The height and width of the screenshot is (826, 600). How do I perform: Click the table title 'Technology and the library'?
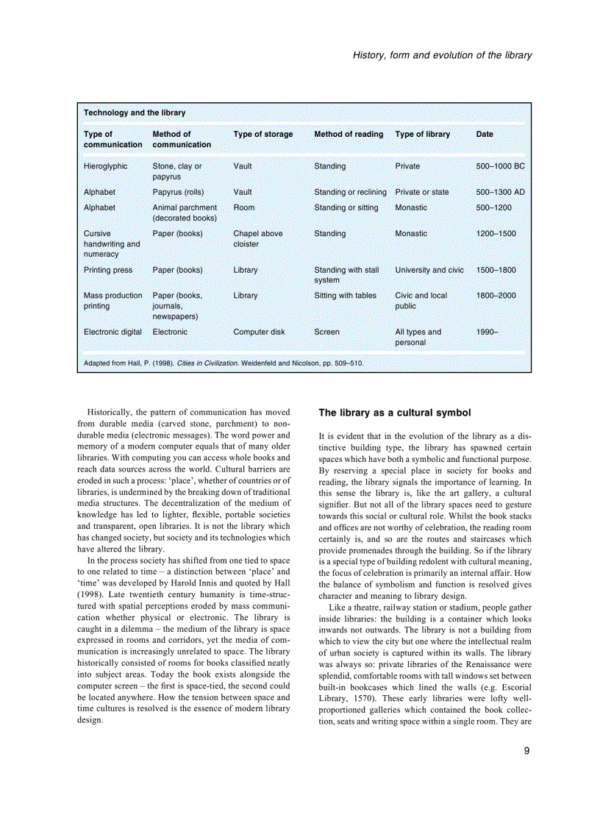pyautogui.click(x=135, y=113)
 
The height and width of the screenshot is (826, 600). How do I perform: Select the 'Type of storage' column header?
pyautogui.click(x=262, y=134)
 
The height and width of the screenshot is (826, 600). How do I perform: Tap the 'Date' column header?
pyautogui.click(x=485, y=134)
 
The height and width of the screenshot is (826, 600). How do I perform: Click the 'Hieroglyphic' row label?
pyautogui.click(x=105, y=166)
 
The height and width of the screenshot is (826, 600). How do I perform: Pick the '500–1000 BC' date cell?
pyautogui.click(x=500, y=166)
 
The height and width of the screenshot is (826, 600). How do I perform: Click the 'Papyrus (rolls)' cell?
pyautogui.click(x=179, y=192)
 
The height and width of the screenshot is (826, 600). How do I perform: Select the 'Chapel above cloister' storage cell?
pyautogui.click(x=257, y=238)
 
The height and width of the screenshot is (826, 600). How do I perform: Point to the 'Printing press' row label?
pyautogui.click(x=108, y=270)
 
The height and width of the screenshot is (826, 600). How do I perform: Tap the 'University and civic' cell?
pyautogui.click(x=429, y=270)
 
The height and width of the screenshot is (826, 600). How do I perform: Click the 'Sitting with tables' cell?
pyautogui.click(x=345, y=296)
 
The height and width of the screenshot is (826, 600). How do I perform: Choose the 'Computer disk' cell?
pyautogui.click(x=259, y=332)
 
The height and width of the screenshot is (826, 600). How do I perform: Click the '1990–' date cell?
pyautogui.click(x=487, y=332)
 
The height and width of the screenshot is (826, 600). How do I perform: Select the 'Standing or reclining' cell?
pyautogui.click(x=350, y=192)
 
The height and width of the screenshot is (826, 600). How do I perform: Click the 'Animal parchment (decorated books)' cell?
pyautogui.click(x=185, y=213)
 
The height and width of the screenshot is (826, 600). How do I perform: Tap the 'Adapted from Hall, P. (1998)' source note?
pyautogui.click(x=223, y=363)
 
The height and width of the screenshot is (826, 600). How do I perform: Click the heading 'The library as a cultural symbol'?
pyautogui.click(x=394, y=413)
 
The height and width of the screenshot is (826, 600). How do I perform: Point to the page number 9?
pyautogui.click(x=526, y=750)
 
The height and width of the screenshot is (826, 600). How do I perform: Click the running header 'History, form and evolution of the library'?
pyautogui.click(x=442, y=55)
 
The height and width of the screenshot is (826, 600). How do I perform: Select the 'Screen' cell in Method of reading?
pyautogui.click(x=326, y=332)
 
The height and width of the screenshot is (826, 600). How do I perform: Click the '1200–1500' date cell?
pyautogui.click(x=496, y=233)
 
